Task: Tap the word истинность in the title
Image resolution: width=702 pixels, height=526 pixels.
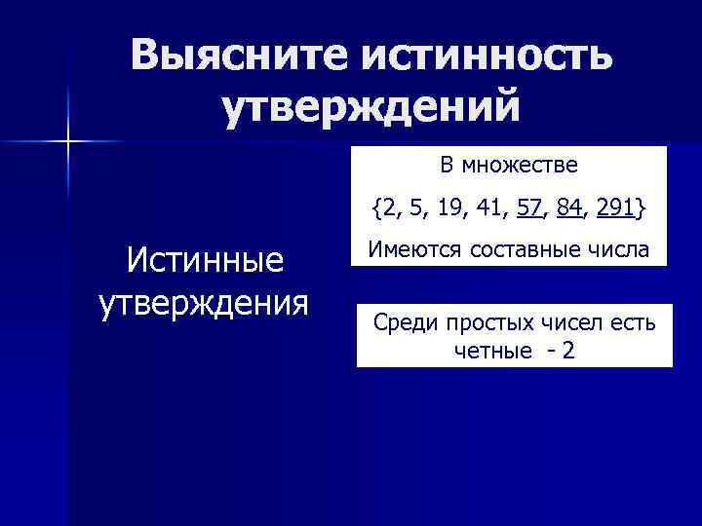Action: tap(488, 56)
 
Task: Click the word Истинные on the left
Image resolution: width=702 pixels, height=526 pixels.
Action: tap(204, 260)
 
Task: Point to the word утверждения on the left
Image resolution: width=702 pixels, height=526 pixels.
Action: tap(204, 301)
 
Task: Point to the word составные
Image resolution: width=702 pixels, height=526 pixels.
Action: tap(522, 249)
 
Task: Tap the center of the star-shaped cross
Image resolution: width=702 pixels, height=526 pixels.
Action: tap(68, 143)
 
